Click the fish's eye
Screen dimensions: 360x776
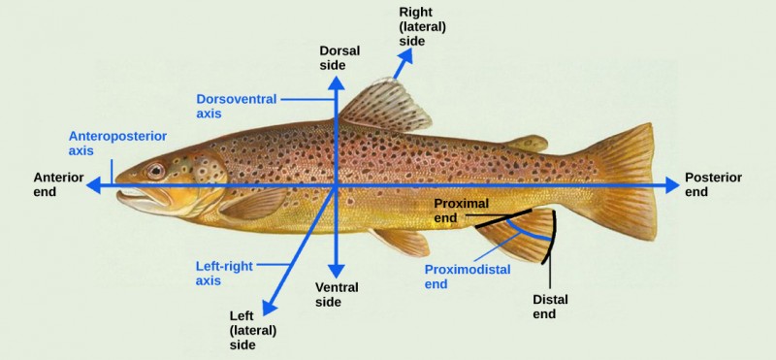(x=155, y=172)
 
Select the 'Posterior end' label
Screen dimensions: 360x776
(x=713, y=184)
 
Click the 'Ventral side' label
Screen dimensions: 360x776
(x=337, y=294)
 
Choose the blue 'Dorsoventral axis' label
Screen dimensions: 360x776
(x=237, y=106)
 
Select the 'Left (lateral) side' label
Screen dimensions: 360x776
(x=253, y=330)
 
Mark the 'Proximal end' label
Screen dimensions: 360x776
(x=458, y=211)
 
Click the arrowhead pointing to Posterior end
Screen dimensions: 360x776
(x=672, y=184)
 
